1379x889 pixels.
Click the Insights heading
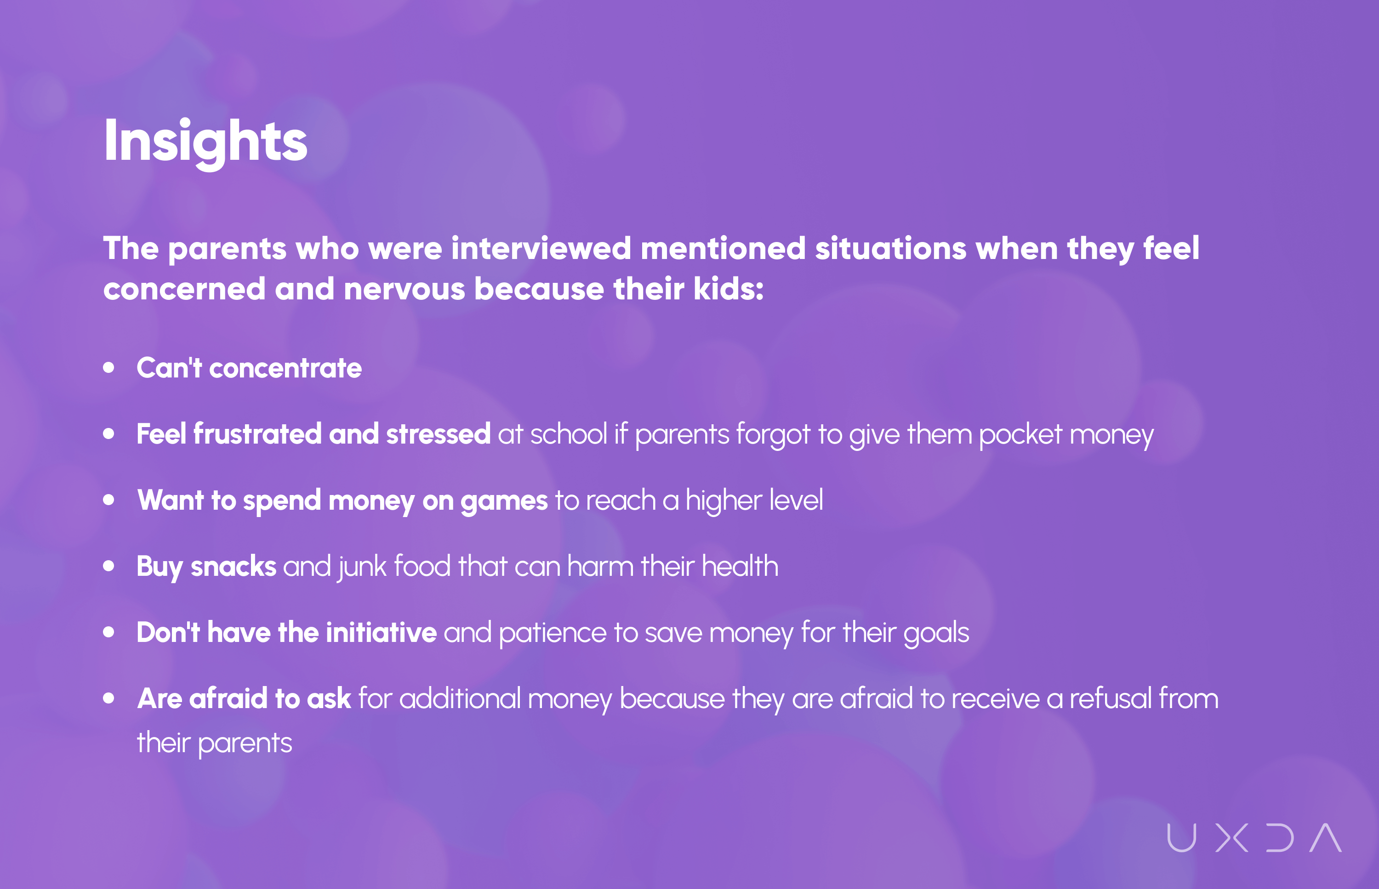[205, 141]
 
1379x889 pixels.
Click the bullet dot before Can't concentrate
[108, 368]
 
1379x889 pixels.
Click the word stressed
[439, 433]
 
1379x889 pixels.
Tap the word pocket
[1020, 434]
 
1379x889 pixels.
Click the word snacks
[234, 566]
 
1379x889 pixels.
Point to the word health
[740, 566]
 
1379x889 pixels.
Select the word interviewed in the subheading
[541, 249]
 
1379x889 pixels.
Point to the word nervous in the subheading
[405, 289]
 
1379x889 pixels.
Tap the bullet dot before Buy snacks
[108, 566]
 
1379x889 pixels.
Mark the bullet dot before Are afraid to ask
[108, 698]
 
